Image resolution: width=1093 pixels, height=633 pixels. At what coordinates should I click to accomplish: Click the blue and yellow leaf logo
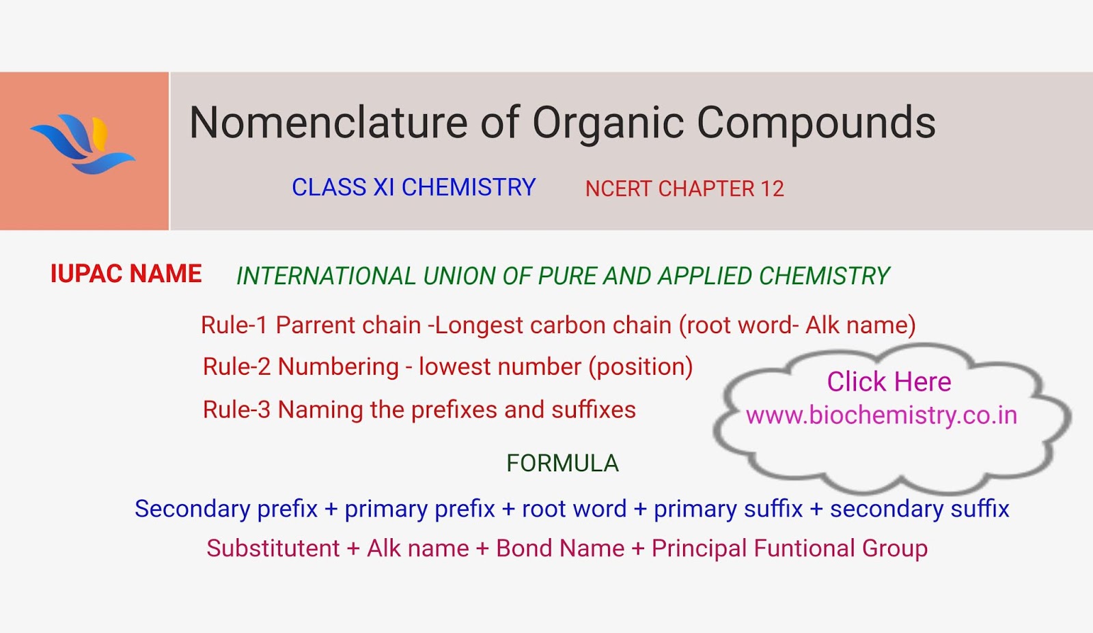[83, 144]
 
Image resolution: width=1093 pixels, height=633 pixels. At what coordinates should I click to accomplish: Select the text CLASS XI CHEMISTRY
[413, 188]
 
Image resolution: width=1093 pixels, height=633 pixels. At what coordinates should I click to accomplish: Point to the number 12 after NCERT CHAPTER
[772, 189]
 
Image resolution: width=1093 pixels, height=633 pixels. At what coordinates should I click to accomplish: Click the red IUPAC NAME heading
[126, 274]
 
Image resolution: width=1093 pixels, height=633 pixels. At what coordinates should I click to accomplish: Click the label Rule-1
[234, 325]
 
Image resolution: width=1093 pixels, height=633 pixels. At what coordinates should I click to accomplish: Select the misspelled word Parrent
[313, 325]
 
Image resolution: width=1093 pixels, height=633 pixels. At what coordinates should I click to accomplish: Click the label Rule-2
[236, 367]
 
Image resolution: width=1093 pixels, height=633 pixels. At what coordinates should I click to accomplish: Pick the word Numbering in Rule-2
[338, 367]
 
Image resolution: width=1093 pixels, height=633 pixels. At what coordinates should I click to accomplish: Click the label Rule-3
[236, 410]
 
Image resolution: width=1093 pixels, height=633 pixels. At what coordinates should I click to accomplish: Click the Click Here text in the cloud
[889, 382]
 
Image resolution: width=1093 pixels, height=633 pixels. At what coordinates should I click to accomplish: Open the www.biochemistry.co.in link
[881, 415]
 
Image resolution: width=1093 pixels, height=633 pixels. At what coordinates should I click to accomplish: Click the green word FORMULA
[562, 464]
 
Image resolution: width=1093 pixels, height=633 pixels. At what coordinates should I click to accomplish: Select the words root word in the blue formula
[574, 509]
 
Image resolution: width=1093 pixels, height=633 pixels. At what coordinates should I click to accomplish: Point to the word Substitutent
[273, 548]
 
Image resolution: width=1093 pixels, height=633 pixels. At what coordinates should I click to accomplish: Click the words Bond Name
[560, 548]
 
